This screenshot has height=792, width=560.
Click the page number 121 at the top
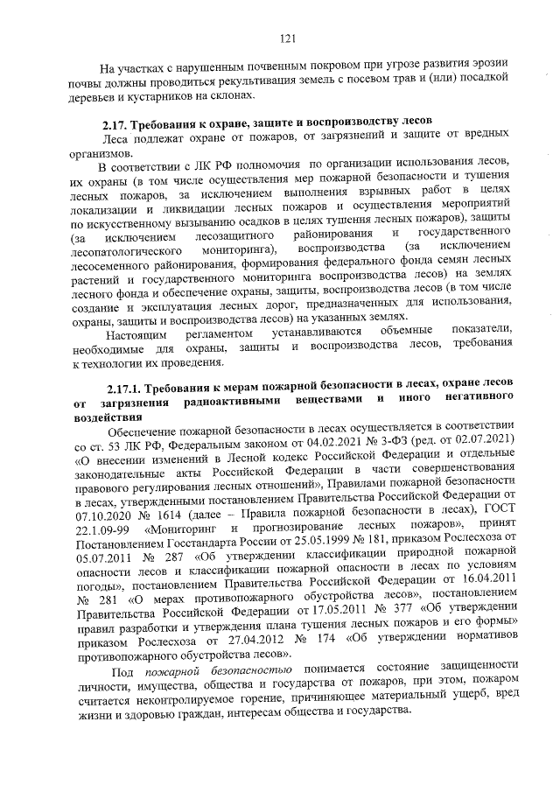[287, 38]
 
